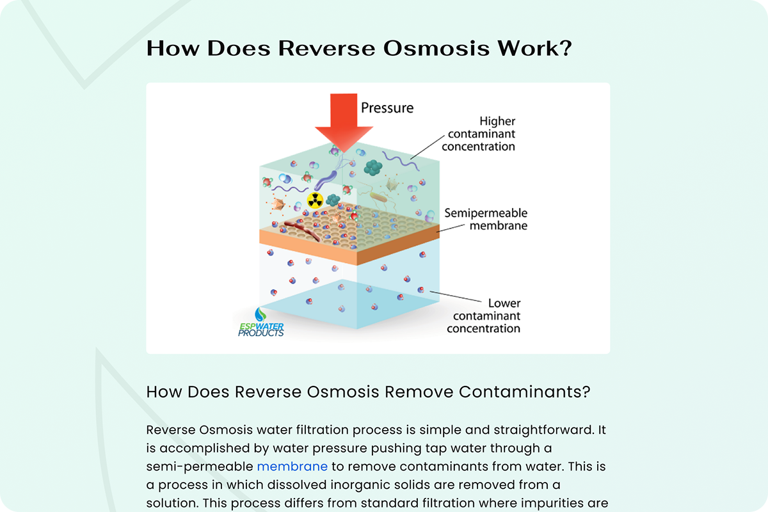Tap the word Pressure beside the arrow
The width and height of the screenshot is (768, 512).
click(x=387, y=108)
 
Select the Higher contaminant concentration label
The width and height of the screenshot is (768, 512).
click(x=478, y=134)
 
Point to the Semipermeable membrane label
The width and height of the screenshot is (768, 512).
click(x=486, y=219)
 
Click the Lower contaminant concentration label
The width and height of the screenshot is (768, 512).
click(x=483, y=316)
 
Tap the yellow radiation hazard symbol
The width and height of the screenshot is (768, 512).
click(x=315, y=200)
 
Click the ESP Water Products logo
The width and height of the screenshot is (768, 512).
click(x=261, y=323)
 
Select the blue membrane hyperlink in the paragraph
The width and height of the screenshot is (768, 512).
click(x=292, y=467)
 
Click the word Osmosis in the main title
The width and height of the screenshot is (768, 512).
click(x=436, y=49)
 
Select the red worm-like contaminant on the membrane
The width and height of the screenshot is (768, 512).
click(x=302, y=231)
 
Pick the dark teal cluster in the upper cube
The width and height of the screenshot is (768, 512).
click(x=372, y=168)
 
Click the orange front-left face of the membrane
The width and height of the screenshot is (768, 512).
click(x=308, y=247)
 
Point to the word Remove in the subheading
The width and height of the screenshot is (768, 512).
click(x=419, y=392)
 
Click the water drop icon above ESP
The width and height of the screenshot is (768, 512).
click(x=260, y=314)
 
